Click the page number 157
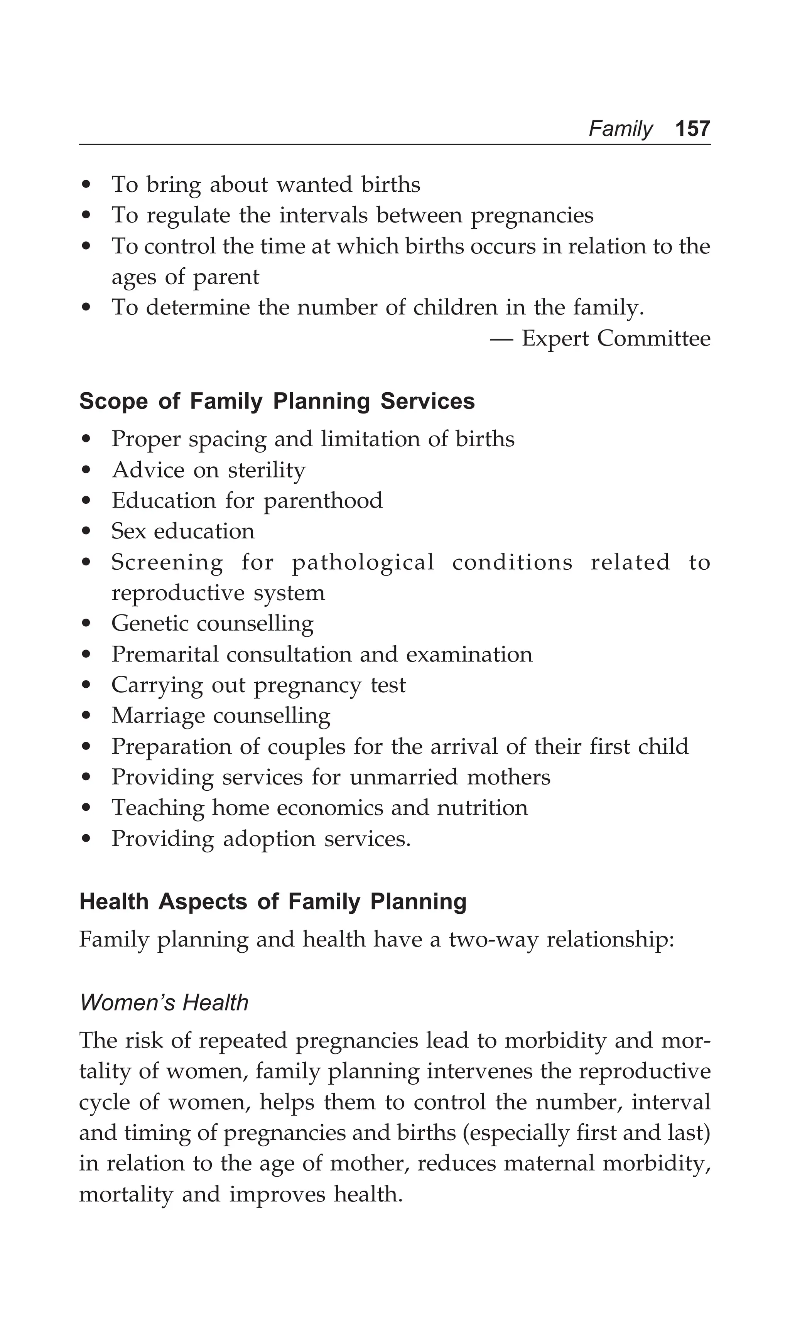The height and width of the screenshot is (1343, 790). pos(692,129)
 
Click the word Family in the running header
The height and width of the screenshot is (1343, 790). pos(620,129)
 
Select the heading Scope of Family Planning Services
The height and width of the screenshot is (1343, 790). pos(277,401)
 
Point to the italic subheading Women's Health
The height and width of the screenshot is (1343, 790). pos(164,1002)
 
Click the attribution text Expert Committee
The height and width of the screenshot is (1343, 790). pos(616,338)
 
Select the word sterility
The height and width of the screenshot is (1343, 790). pos(267,470)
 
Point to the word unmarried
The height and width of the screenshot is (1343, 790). pos(403,777)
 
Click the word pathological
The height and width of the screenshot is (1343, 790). pos(363,563)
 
